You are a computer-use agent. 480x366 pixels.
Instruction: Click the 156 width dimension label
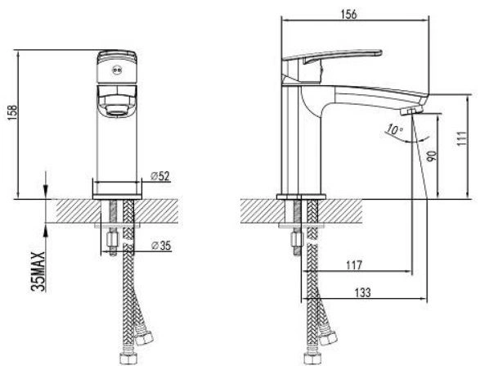coord(349,14)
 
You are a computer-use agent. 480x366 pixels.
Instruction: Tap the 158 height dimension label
coord(13,113)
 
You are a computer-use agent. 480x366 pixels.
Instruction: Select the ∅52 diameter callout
coord(160,176)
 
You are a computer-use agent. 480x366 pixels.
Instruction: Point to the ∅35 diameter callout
coord(161,246)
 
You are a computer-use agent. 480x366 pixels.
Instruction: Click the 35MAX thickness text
coord(38,271)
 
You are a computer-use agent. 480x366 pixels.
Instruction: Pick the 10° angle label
coord(393,129)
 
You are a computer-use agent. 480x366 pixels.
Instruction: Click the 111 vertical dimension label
coord(462,138)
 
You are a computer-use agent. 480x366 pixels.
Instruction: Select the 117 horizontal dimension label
coord(354,264)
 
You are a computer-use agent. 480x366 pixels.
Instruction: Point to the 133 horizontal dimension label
coord(363,293)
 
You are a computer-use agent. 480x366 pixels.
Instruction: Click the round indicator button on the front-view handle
coord(117,70)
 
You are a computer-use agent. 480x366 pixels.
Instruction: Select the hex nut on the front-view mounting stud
coord(112,239)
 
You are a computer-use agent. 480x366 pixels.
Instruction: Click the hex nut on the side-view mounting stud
coord(296,239)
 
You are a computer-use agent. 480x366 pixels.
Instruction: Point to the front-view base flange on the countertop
coord(117,197)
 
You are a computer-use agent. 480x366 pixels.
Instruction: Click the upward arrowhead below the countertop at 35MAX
coord(45,230)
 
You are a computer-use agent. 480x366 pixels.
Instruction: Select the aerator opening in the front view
coord(117,110)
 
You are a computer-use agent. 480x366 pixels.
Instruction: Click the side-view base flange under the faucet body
coord(302,197)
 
